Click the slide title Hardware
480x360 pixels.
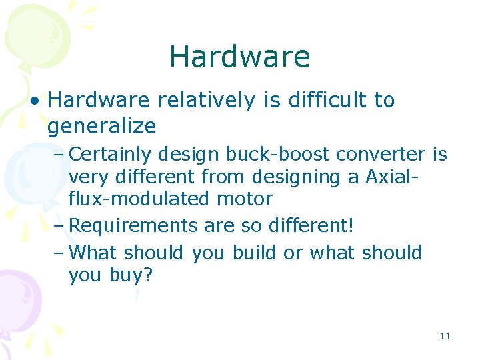[239, 57]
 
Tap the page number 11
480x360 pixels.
[445, 336]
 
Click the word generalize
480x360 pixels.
[101, 126]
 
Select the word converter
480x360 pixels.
[380, 155]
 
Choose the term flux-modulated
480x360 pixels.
[141, 199]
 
